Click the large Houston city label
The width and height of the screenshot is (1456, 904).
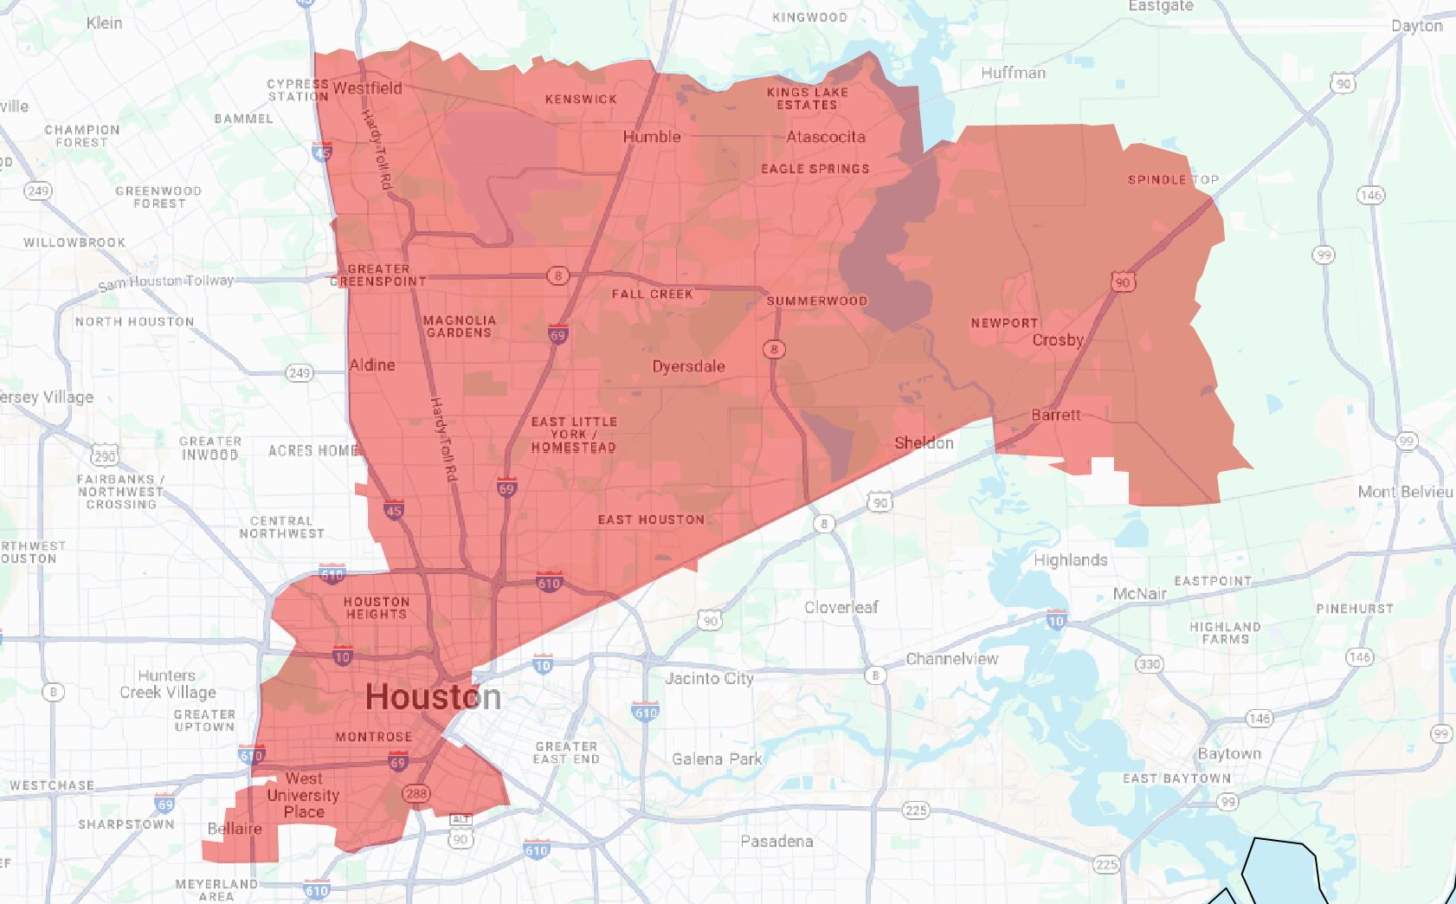[433, 697]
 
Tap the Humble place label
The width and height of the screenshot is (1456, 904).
[652, 137]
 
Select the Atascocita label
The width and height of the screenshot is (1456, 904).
[825, 137]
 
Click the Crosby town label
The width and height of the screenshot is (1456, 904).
[1057, 339]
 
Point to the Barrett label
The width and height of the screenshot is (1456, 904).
[1055, 415]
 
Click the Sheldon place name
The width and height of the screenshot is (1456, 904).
[924, 442]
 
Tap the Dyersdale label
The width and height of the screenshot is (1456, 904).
[688, 366]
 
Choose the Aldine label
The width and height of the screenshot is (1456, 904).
[372, 365]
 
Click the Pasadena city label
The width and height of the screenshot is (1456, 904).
[776, 841]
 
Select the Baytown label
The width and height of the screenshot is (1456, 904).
[1229, 753]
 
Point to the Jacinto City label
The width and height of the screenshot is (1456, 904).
[709, 678]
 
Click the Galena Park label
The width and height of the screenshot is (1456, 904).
[717, 759]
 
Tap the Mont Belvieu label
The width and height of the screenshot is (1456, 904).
[1405, 492]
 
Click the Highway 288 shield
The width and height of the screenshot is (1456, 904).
[416, 793]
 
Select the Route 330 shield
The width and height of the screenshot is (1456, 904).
[1149, 664]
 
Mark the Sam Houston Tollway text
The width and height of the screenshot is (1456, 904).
[166, 282]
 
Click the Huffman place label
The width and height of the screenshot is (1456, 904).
[1013, 73]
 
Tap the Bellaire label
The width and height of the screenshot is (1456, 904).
[235, 829]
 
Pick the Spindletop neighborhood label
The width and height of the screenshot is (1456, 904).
[1172, 180]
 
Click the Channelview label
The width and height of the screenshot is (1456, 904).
[951, 659]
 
